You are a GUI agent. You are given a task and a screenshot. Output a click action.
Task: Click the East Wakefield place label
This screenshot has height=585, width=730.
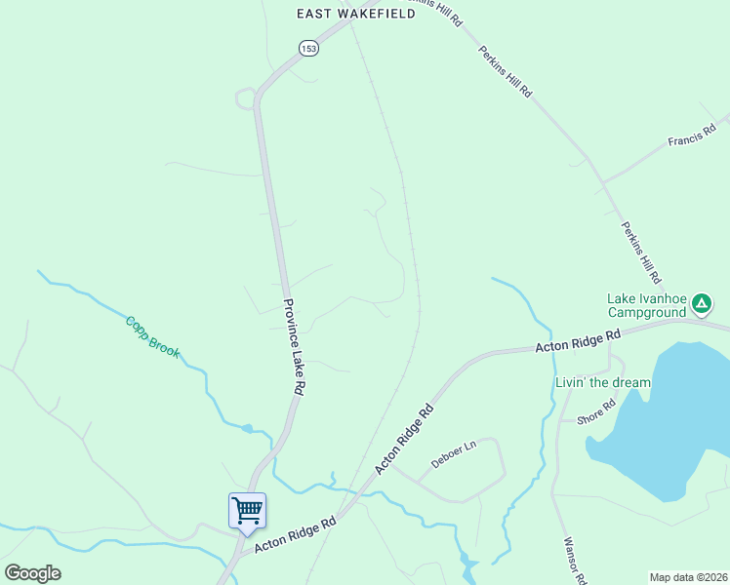tap(356, 14)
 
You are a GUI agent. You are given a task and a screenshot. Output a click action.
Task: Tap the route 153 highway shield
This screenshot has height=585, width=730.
tap(308, 49)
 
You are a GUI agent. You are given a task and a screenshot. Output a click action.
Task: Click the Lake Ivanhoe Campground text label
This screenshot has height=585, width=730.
tap(647, 306)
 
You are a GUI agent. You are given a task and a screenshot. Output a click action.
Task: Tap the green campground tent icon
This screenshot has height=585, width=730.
tap(701, 304)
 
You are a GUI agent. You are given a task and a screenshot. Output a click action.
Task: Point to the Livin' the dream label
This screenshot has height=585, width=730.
tap(602, 382)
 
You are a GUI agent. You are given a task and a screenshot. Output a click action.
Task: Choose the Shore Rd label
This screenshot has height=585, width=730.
tap(595, 412)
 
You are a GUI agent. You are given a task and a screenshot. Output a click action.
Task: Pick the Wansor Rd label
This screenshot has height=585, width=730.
tap(574, 561)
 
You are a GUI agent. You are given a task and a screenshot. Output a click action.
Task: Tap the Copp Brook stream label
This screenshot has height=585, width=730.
tap(152, 336)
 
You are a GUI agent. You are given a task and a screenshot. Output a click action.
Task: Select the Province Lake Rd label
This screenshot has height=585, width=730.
tap(292, 346)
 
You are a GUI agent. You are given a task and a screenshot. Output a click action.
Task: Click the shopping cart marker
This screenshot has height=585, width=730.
tap(247, 509)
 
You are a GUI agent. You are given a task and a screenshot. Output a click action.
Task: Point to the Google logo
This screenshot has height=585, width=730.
tap(33, 573)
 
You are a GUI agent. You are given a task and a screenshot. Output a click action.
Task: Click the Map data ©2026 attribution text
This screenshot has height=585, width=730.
tap(689, 577)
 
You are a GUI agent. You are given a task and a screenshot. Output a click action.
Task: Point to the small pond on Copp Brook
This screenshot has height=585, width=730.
tap(248, 427)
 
